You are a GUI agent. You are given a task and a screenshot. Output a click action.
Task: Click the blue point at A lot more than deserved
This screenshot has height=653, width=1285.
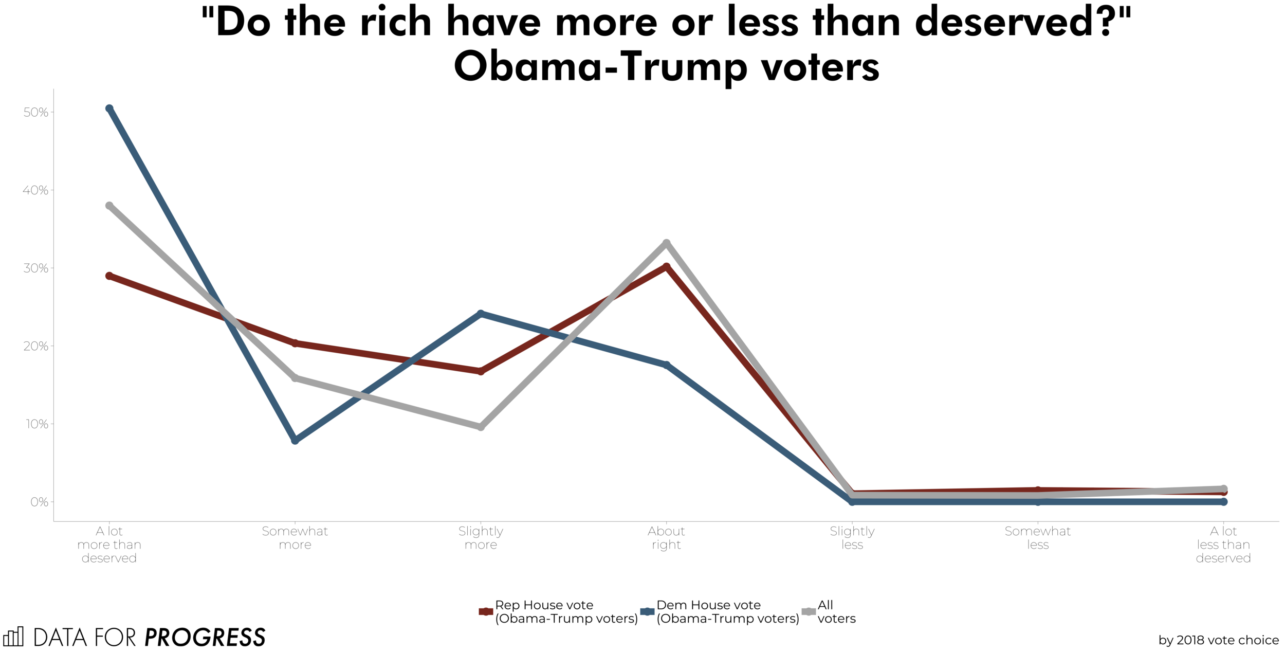coord(109,108)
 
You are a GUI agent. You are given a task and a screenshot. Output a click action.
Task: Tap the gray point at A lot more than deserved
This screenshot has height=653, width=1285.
coord(109,206)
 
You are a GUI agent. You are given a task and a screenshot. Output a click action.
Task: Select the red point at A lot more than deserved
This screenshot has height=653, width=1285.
coord(109,276)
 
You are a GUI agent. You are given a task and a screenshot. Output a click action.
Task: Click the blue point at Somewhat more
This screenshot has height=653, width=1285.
coord(295,440)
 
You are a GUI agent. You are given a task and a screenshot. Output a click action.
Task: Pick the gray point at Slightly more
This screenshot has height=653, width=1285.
coord(481,427)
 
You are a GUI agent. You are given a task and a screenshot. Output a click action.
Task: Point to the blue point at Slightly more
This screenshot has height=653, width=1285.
coord(481,314)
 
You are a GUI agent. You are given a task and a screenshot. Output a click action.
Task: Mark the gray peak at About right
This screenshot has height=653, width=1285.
coord(667,243)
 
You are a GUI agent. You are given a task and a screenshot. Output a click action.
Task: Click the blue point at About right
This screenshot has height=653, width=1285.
coord(667,365)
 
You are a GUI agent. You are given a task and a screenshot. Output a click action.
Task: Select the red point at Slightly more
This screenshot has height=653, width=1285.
coord(481,371)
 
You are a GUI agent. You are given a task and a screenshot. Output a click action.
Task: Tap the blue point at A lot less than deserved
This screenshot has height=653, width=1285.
coord(1224,502)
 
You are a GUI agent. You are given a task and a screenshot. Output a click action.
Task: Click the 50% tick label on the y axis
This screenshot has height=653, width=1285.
coord(36,113)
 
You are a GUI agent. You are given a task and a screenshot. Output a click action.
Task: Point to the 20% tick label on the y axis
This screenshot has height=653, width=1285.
coord(36,346)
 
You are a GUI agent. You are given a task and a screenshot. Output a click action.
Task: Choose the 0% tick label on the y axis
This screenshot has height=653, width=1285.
coord(39,502)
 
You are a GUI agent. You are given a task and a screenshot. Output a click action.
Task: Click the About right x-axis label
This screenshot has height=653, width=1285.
coord(667,538)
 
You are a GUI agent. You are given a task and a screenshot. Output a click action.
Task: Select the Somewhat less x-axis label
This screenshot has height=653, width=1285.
coord(1037,538)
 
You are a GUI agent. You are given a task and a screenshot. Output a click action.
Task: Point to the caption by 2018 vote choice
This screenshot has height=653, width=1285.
coord(1218,640)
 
